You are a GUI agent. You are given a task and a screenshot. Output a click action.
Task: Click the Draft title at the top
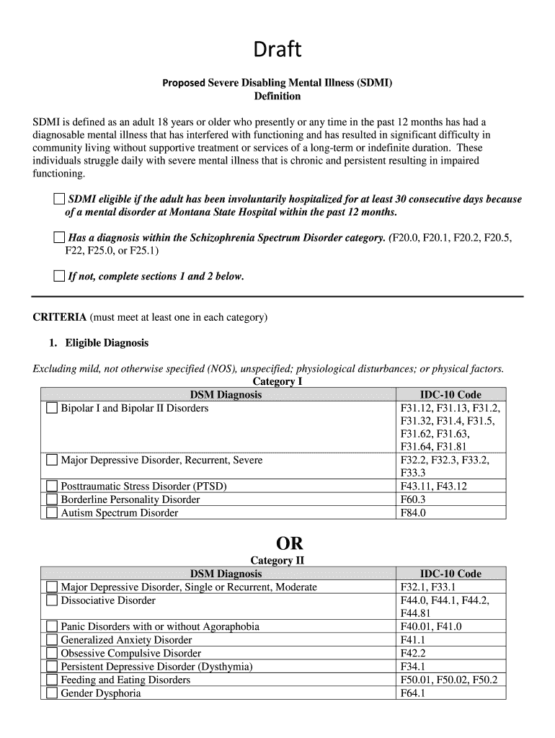click(x=277, y=50)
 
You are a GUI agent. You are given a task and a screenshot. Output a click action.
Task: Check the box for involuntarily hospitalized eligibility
click(x=59, y=199)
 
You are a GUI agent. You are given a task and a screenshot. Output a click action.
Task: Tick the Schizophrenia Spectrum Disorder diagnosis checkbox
click(x=59, y=238)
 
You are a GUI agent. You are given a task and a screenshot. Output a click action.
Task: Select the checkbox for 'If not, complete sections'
click(x=59, y=276)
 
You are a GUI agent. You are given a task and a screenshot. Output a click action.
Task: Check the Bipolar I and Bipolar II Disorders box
click(x=52, y=409)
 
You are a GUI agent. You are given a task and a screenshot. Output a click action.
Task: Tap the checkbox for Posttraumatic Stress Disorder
click(x=52, y=486)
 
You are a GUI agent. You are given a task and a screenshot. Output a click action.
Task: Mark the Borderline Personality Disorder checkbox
click(x=52, y=499)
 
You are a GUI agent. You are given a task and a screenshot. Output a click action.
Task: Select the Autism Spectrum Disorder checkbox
click(x=52, y=513)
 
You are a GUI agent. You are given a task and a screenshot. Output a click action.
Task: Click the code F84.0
click(x=413, y=513)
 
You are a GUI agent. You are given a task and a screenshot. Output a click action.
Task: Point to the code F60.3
click(x=413, y=499)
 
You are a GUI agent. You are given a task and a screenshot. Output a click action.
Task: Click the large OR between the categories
click(x=277, y=543)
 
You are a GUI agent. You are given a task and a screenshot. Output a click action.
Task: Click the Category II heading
click(x=277, y=561)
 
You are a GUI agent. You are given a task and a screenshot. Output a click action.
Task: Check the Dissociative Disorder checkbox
click(x=52, y=600)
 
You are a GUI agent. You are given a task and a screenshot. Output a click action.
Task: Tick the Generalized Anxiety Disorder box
click(x=52, y=640)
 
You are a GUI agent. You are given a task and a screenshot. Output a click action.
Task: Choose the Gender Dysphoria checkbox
click(x=52, y=693)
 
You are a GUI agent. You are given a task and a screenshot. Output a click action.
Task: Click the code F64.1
click(x=413, y=693)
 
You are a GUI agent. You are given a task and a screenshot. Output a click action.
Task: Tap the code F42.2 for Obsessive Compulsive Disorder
click(x=413, y=653)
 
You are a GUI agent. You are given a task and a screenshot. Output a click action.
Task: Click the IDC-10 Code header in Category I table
click(x=450, y=395)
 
